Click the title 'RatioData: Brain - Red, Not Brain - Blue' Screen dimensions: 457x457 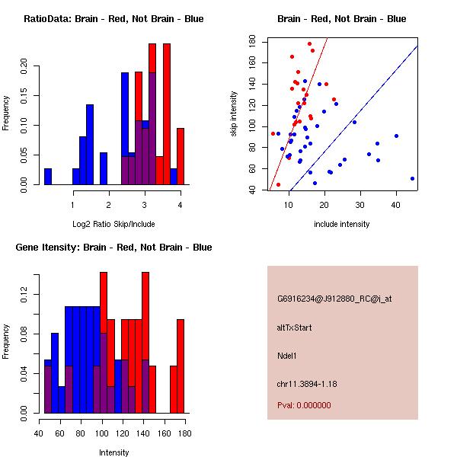[113, 19]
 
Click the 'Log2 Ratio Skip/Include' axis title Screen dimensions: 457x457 [113, 223]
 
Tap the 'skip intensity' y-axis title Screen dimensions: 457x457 [235, 113]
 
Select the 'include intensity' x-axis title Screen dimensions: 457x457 [342, 223]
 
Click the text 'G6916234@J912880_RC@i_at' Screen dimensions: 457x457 [334, 299]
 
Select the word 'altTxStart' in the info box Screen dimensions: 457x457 [294, 328]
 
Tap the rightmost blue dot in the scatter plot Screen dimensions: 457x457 [412, 178]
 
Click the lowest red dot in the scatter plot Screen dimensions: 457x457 [278, 184]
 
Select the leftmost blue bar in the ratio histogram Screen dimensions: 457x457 [47, 177]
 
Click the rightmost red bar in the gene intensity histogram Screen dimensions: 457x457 [181, 366]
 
